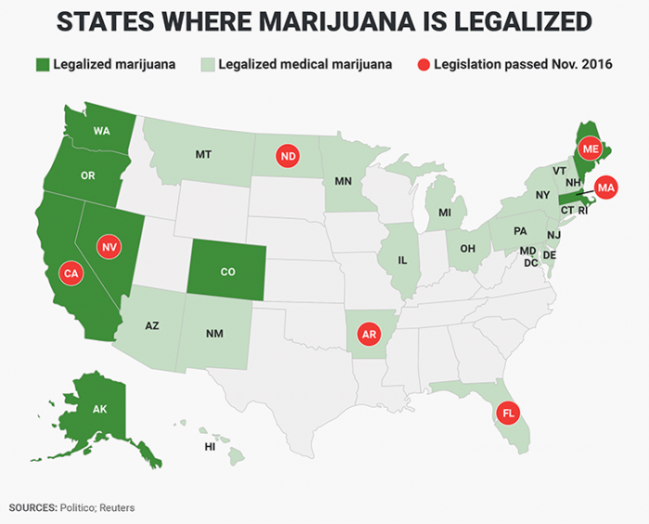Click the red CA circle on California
pyautogui.click(x=70, y=273)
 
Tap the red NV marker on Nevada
pyautogui.click(x=109, y=247)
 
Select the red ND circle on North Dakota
pyautogui.click(x=287, y=157)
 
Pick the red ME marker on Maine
pyautogui.click(x=590, y=149)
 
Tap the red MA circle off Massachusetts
pyautogui.click(x=606, y=187)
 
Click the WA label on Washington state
pyautogui.click(x=102, y=132)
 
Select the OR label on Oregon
pyautogui.click(x=88, y=175)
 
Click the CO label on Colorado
pyautogui.click(x=228, y=273)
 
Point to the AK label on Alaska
pyautogui.click(x=99, y=409)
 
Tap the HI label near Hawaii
pyautogui.click(x=210, y=447)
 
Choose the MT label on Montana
pyautogui.click(x=203, y=154)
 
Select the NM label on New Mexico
pyautogui.click(x=215, y=332)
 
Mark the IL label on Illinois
pyautogui.click(x=402, y=261)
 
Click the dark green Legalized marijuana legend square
pyautogui.click(x=42, y=65)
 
